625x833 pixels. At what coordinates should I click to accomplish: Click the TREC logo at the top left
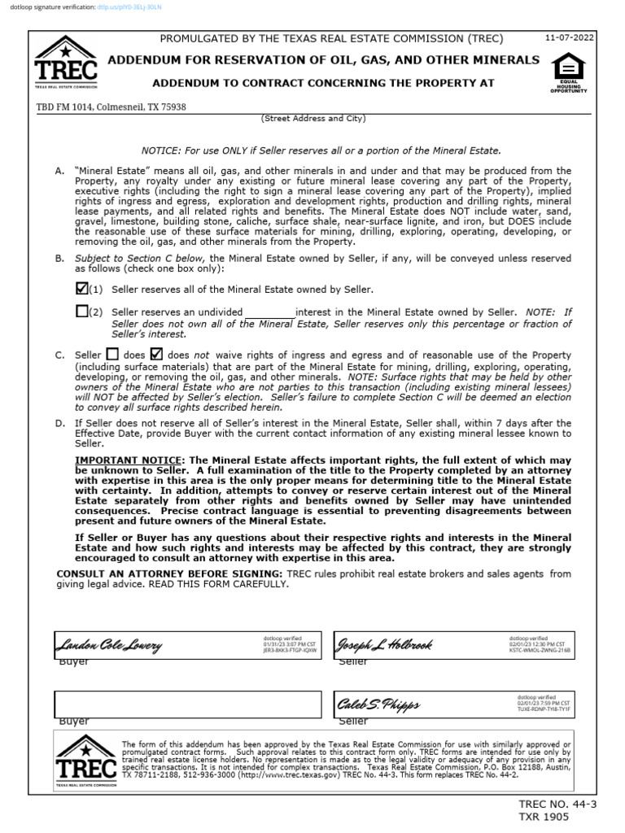click(66, 63)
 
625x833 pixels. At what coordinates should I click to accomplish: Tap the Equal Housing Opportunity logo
click(568, 72)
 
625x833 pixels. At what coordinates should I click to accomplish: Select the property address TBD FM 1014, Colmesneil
click(111, 107)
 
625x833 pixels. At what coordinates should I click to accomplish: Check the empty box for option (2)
click(81, 311)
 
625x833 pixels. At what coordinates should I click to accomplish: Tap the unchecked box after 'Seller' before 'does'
click(113, 355)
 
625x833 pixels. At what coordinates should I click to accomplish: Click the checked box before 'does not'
click(158, 354)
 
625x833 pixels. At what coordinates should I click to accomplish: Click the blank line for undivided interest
click(270, 312)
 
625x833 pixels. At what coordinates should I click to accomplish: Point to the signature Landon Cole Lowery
click(108, 646)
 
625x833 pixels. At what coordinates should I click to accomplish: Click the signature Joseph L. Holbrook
click(384, 645)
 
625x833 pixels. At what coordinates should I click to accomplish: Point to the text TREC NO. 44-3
click(563, 805)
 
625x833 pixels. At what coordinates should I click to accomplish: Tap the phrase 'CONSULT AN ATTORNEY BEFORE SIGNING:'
click(169, 574)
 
